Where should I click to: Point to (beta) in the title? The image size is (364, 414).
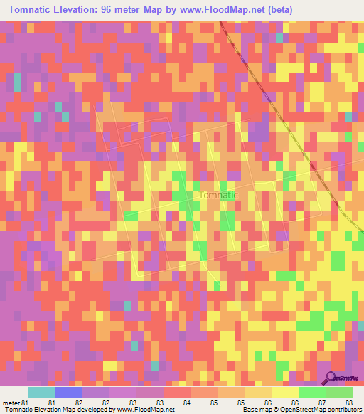click(x=277, y=10)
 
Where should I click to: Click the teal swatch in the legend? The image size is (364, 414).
click(x=42, y=392)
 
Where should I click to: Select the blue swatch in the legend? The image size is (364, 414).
click(x=69, y=392)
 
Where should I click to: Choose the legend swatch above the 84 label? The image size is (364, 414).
click(x=177, y=392)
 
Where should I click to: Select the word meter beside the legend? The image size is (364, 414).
click(x=11, y=403)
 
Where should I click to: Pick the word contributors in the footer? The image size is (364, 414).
click(x=344, y=410)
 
